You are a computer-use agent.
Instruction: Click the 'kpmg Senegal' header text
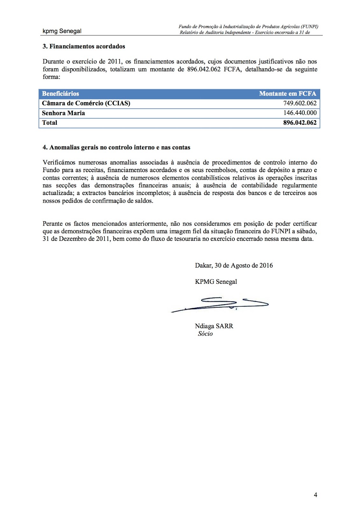coord(62,31)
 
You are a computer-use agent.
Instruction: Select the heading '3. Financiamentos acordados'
coord(84,46)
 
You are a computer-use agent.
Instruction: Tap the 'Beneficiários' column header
coord(60,94)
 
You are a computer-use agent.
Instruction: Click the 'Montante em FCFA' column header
coord(287,94)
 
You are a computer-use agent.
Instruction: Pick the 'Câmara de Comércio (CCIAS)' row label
coord(86,103)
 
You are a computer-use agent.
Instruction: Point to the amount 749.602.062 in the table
coord(300,103)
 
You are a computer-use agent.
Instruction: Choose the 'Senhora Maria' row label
coord(63,113)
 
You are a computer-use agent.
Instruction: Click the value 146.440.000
coord(300,113)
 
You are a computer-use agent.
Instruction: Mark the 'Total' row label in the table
coord(50,123)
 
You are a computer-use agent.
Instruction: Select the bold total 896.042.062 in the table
coord(300,123)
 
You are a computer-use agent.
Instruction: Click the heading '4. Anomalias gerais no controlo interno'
coord(116,147)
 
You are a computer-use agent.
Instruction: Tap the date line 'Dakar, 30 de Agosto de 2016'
coord(234,266)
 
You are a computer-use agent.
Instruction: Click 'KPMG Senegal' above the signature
coord(216,282)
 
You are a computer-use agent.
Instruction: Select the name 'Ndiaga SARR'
coord(214,326)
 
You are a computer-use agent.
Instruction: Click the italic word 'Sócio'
coord(205,334)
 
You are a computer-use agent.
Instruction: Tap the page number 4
coord(315,495)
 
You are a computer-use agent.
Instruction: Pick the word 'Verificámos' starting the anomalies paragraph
coord(59,163)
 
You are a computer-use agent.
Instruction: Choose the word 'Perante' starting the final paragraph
coord(53,224)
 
